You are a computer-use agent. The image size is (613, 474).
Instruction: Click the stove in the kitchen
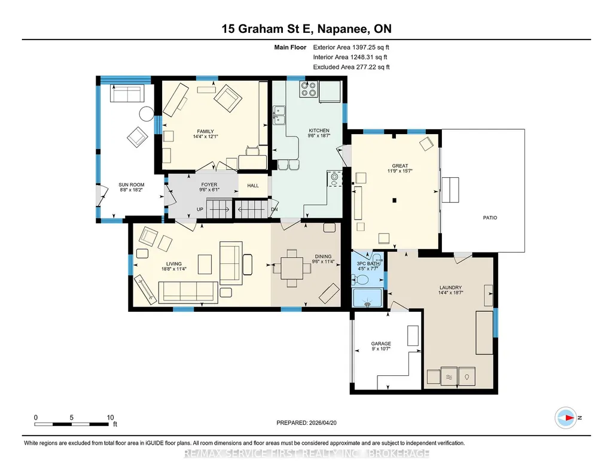click(308, 89)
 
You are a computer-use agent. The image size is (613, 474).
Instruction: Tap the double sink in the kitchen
click(279, 115)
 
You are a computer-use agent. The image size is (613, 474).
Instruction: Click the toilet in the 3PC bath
click(361, 279)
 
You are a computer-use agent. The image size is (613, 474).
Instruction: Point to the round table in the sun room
click(147, 114)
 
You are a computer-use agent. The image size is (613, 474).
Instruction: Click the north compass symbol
click(566, 418)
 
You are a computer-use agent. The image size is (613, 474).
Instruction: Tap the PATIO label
click(490, 218)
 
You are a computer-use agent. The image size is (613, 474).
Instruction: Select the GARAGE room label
click(381, 344)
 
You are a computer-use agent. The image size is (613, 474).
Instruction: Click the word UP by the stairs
click(200, 209)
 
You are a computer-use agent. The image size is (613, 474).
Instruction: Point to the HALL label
click(253, 186)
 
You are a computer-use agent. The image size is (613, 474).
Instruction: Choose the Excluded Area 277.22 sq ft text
click(351, 67)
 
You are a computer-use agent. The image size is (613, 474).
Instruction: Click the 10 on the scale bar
click(110, 418)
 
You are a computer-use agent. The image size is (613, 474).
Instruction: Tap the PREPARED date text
click(306, 423)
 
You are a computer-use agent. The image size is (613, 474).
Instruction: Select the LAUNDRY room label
click(450, 287)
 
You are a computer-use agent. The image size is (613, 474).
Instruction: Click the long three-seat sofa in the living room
click(188, 292)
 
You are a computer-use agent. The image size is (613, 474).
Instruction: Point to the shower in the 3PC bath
click(367, 298)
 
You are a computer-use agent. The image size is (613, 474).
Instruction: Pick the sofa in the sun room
click(127, 93)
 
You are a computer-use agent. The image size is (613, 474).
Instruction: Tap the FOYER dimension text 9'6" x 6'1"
click(209, 190)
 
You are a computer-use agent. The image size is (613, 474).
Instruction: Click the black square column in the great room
click(395, 200)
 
